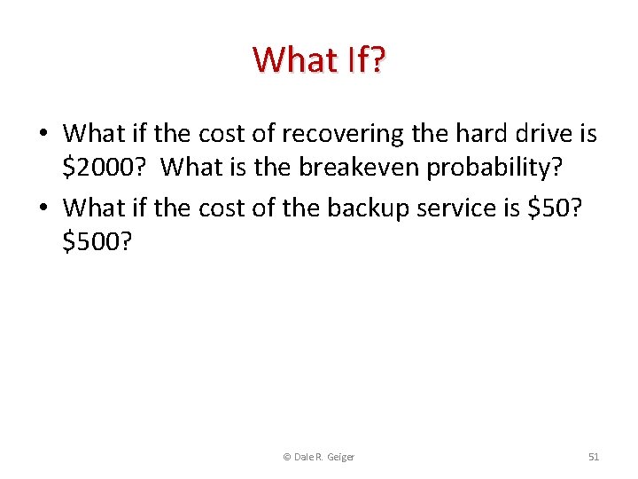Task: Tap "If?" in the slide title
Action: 361,60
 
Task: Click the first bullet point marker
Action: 43,135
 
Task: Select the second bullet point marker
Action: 43,208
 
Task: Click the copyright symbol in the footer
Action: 286,457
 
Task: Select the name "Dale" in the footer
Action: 303,457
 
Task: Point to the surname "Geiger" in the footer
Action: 340,457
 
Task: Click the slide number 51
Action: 594,457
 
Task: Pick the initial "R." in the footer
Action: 320,457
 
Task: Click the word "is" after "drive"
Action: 587,134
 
